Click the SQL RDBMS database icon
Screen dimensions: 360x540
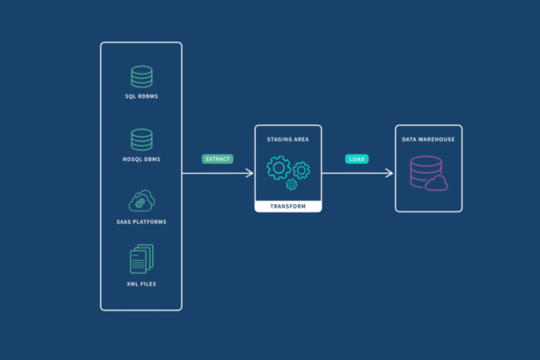coord(141,76)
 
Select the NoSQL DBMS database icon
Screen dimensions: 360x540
coord(141,139)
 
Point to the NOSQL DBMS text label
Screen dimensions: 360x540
coord(141,158)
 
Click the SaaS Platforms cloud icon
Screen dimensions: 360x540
coord(141,201)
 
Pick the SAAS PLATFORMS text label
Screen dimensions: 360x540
coord(141,220)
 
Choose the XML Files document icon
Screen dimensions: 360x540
coord(141,260)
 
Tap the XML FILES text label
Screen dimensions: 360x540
coord(141,283)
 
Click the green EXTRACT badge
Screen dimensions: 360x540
coord(218,158)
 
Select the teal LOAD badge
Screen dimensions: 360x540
coord(357,159)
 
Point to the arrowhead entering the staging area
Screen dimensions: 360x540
coord(250,174)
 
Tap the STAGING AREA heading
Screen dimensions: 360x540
coord(288,139)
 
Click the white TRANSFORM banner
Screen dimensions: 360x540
coord(288,206)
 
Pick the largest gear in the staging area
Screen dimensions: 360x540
coord(278,168)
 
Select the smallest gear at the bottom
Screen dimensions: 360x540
coord(292,184)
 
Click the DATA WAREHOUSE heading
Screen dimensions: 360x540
coord(428,139)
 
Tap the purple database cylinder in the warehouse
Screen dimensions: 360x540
coord(424,171)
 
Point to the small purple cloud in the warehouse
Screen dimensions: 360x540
coord(436,184)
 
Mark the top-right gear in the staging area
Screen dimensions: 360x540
coord(301,167)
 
